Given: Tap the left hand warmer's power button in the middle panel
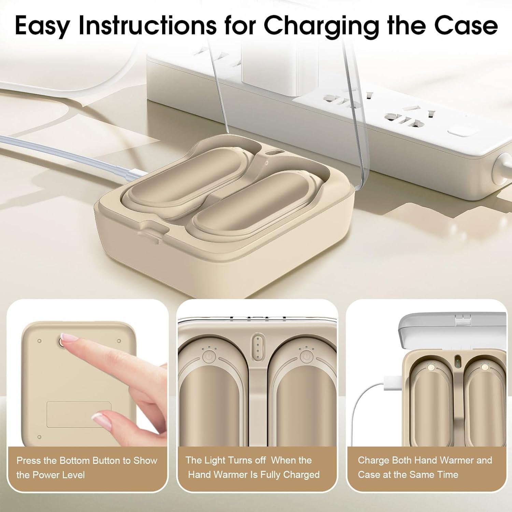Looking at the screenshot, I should [x=208, y=356].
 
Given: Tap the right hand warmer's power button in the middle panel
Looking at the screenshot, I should [x=306, y=356].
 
